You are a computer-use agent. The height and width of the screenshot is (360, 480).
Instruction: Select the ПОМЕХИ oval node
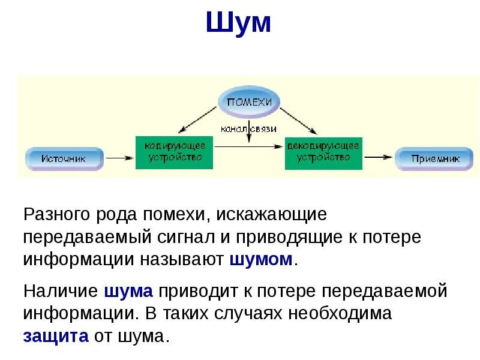(x=249, y=102)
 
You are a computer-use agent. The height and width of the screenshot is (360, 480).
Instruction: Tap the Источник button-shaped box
(x=64, y=158)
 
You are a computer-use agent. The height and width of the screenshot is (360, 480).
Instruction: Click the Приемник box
(x=435, y=158)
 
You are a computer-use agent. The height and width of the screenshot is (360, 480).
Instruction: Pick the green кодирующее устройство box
(x=174, y=152)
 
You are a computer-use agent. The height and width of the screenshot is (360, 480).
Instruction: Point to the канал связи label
(x=248, y=128)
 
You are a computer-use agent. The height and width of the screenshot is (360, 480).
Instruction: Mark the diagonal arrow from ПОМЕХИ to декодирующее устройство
(x=298, y=119)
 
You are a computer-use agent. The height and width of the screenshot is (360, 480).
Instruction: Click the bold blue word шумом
(x=262, y=260)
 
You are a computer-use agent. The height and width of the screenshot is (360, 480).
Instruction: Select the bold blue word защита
(x=56, y=335)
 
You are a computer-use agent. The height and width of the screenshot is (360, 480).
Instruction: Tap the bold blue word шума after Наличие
(x=128, y=292)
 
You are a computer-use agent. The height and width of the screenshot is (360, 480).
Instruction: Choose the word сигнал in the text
(x=184, y=237)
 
